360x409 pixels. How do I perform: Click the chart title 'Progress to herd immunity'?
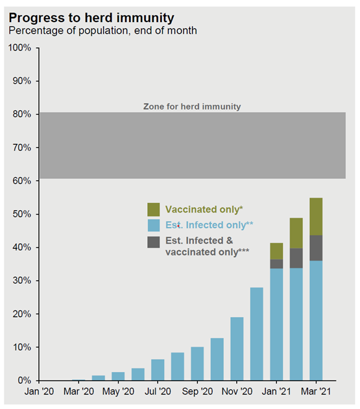(91, 18)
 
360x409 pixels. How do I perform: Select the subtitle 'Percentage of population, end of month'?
(102, 30)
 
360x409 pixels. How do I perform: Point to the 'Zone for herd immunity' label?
(192, 106)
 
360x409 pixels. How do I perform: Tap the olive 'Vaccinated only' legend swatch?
(154, 209)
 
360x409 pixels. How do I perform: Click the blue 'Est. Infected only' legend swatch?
(154, 225)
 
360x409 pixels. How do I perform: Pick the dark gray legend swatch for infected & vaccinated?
(154, 242)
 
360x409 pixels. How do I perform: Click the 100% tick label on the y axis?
(19, 48)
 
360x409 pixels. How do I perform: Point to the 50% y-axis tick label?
(21, 214)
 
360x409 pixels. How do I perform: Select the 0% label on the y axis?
(24, 380)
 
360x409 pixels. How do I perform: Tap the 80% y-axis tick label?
(21, 114)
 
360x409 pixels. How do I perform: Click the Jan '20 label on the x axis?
(39, 391)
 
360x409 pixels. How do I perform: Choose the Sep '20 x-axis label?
(197, 391)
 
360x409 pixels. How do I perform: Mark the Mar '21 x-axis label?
(316, 391)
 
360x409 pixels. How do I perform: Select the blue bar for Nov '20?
(237, 349)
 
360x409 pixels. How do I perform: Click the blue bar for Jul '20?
(158, 370)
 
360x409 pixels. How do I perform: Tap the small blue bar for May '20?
(118, 376)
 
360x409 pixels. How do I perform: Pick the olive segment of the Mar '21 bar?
(316, 216)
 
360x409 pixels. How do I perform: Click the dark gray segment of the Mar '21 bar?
(316, 248)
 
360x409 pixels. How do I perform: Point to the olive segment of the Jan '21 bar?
(276, 251)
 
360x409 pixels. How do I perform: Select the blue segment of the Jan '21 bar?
(276, 325)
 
